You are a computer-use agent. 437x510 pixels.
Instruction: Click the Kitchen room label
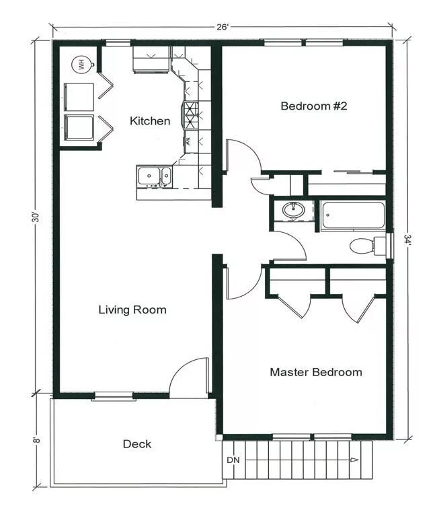click(x=150, y=121)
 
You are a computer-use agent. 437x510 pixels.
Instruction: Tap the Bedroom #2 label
click(x=313, y=106)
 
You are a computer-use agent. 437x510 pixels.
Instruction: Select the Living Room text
click(x=132, y=309)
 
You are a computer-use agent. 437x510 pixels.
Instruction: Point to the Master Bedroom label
click(x=315, y=372)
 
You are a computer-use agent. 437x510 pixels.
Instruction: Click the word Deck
click(x=136, y=444)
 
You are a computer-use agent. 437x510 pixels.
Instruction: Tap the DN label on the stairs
click(x=233, y=460)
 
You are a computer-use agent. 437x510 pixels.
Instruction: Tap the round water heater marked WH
click(x=81, y=65)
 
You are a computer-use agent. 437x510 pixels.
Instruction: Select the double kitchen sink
click(x=154, y=176)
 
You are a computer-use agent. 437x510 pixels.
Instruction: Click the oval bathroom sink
click(x=293, y=211)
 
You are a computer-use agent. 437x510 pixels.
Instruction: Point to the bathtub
click(x=352, y=215)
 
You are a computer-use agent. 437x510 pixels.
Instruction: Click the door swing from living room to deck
click(x=188, y=377)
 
